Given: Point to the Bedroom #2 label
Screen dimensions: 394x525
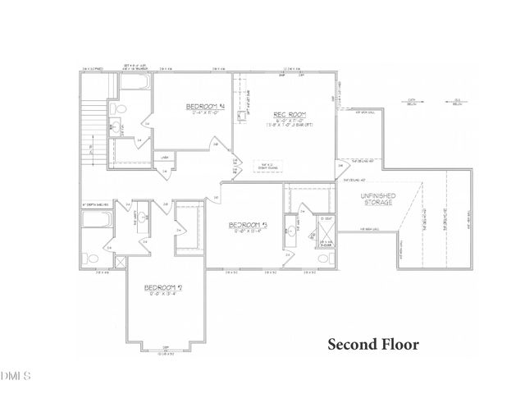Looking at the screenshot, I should (x=162, y=287).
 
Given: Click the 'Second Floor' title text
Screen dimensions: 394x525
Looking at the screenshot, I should (x=373, y=344).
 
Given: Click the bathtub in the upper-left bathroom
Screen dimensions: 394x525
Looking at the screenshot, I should (x=136, y=86).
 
